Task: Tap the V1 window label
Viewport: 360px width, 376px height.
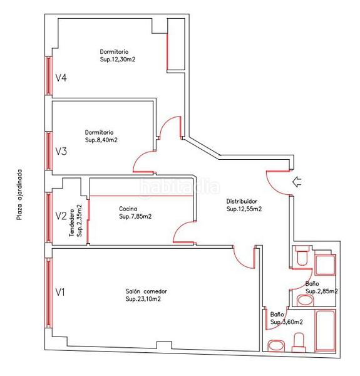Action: coord(60,292)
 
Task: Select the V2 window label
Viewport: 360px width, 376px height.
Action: coord(61,216)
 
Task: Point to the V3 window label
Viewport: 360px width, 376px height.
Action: coord(61,151)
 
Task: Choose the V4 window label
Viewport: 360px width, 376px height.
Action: coord(61,78)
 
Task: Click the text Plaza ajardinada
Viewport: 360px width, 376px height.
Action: coord(19,194)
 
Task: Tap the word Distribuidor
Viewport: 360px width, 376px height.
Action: coord(242,201)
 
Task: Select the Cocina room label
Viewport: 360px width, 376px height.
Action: coord(128,209)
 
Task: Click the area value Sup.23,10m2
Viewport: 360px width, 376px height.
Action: coord(143,299)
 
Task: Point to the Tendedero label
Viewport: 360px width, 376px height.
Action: coord(71,222)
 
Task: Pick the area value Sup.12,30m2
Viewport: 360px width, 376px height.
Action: coord(117,60)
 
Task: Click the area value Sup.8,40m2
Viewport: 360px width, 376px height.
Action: coord(101,140)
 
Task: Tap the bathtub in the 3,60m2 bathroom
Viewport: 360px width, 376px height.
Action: coord(326,330)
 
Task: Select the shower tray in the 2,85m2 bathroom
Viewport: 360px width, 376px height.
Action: coord(326,265)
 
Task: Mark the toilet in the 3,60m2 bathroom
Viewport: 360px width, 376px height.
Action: coord(299,342)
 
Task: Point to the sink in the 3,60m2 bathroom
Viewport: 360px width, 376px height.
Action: coord(276,346)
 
